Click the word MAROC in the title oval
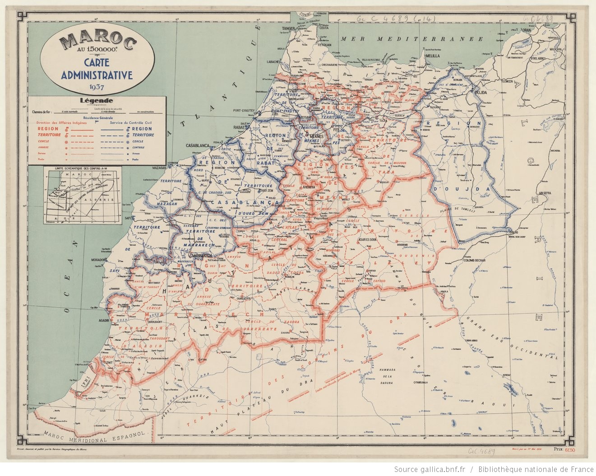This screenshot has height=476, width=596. pyautogui.click(x=98, y=42)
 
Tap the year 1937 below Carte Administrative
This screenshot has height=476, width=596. pyautogui.click(x=97, y=87)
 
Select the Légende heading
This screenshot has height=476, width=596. pyautogui.click(x=97, y=101)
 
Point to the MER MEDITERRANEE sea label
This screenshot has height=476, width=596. pyautogui.click(x=412, y=39)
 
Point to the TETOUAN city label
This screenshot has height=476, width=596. pyautogui.click(x=323, y=45)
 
